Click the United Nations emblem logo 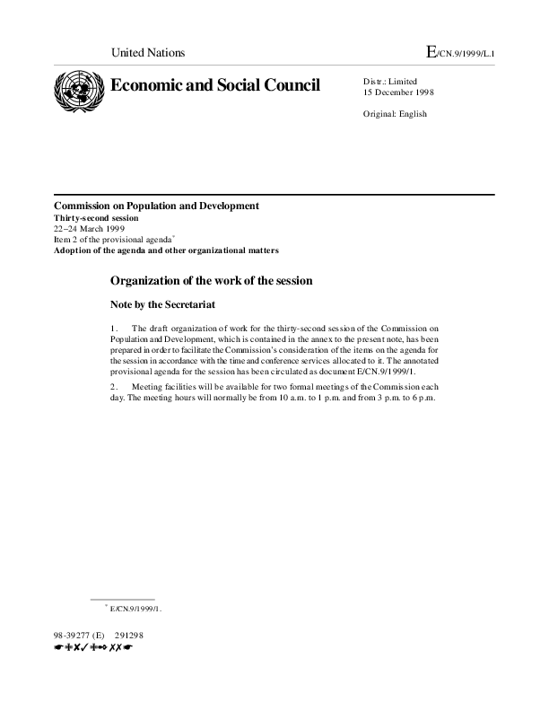[78, 92]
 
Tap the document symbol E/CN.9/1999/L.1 [461, 53]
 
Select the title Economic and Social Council [214, 85]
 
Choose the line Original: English [395, 114]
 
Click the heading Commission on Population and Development [156, 206]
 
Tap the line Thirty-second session [97, 218]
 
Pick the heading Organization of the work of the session [211, 280]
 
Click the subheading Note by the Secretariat [162, 304]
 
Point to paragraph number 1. [114, 329]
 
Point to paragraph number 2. [114, 387]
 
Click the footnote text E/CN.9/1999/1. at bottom [136, 609]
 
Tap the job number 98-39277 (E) [79, 636]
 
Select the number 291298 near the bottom [129, 636]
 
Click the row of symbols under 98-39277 [93, 647]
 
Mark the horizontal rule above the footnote [123, 598]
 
